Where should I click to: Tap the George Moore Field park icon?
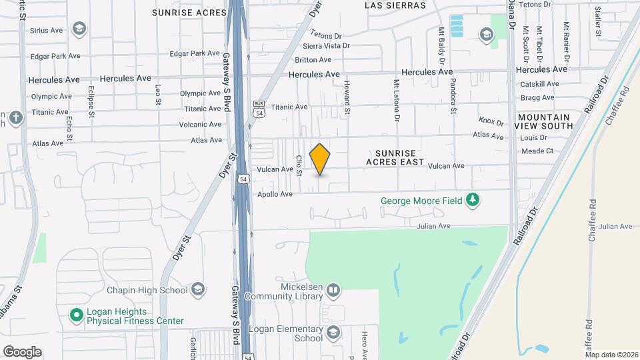pyautogui.click(x=473, y=200)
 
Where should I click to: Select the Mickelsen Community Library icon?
pyautogui.click(x=332, y=291)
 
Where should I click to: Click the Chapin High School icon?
pyautogui.click(x=197, y=289)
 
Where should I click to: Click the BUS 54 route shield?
pyautogui.click(x=259, y=109)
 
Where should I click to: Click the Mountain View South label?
pyautogui.click(x=545, y=121)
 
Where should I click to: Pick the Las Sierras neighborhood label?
pyautogui.click(x=395, y=5)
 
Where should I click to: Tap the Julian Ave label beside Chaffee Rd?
pyautogui.click(x=615, y=227)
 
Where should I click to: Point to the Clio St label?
pyautogui.click(x=299, y=165)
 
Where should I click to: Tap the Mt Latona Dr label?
pyautogui.click(x=396, y=100)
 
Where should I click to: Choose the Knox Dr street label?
pyautogui.click(x=491, y=121)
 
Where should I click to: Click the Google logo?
pyautogui.click(x=22, y=351)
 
